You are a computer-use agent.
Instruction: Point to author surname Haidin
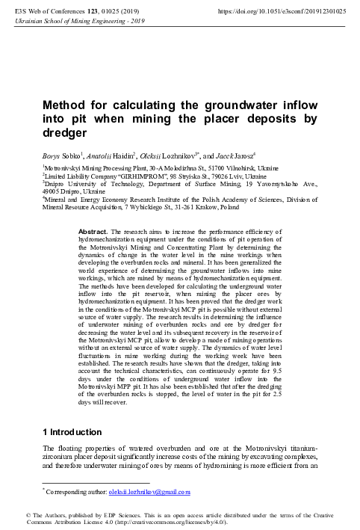coord(124,155)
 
